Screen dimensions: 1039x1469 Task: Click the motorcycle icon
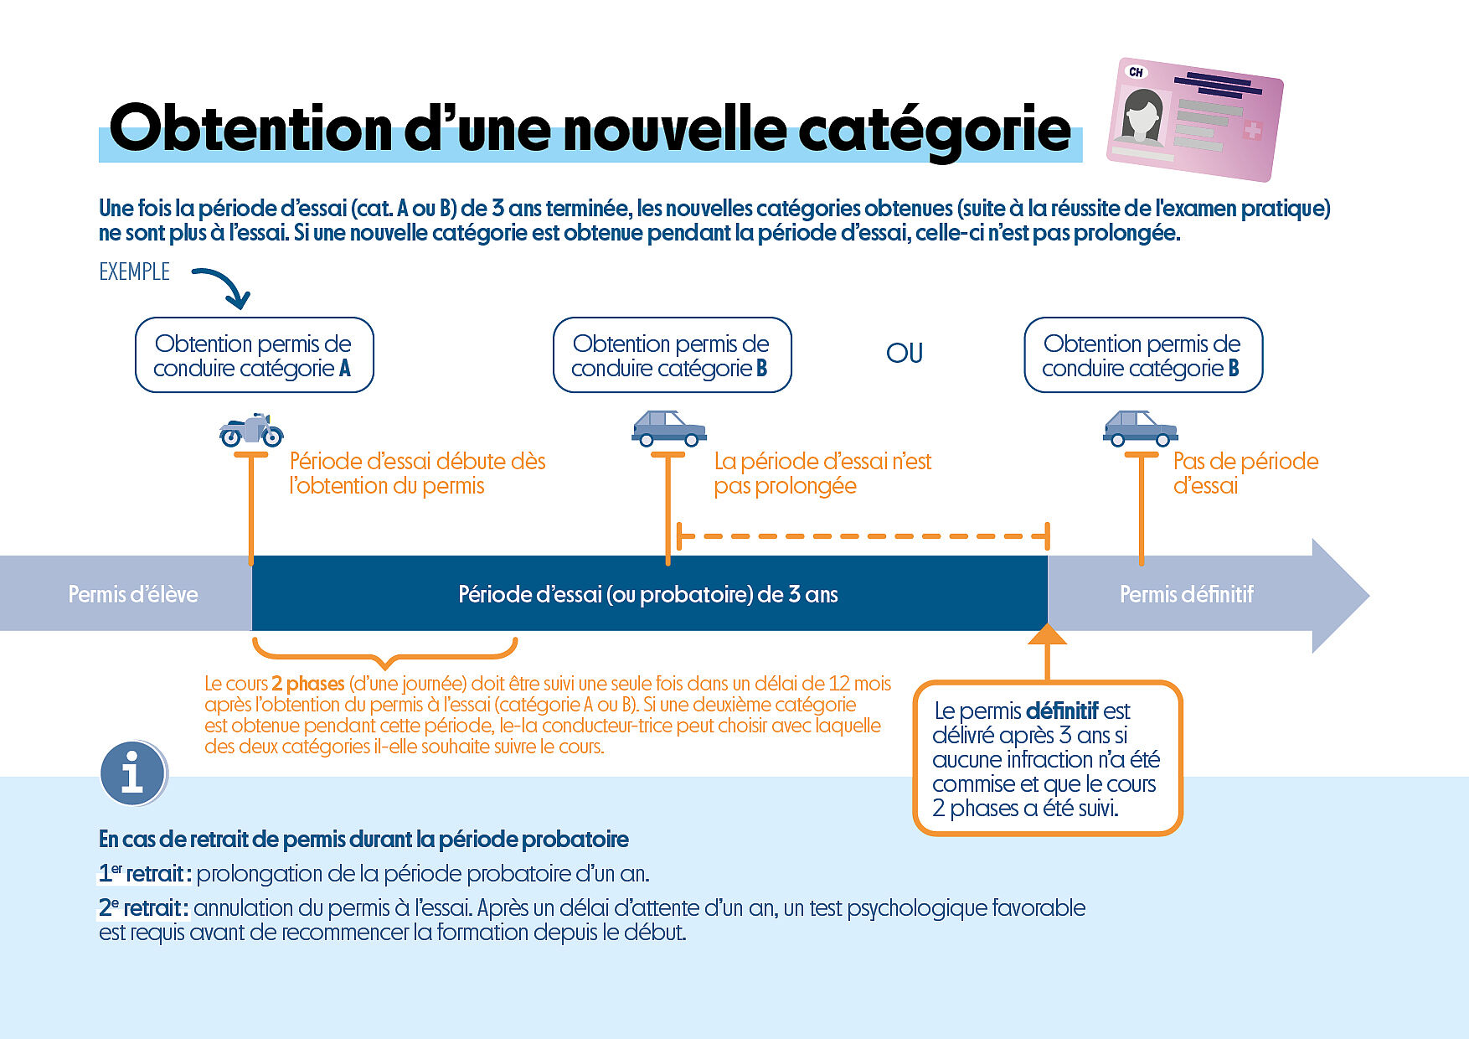pos(251,431)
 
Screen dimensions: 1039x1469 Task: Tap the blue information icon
pos(132,773)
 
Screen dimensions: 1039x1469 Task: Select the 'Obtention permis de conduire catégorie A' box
pos(254,355)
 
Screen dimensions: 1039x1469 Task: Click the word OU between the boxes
pos(905,354)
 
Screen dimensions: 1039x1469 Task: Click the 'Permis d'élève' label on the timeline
pos(133,595)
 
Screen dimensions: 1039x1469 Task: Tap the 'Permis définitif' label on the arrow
pos(1186,595)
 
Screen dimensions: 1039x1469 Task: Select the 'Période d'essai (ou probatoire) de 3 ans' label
pos(647,595)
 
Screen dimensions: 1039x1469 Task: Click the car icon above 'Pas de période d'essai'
pos(1140,429)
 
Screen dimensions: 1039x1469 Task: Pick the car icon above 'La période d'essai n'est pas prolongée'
pos(668,429)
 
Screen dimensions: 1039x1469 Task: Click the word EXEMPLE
pos(134,272)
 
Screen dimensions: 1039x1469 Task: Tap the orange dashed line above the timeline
pos(863,535)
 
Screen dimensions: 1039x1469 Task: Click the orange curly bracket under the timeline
pos(384,653)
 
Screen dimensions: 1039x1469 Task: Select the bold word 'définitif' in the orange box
pos(1062,711)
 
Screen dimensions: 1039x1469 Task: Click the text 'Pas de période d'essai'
pos(1245,473)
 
